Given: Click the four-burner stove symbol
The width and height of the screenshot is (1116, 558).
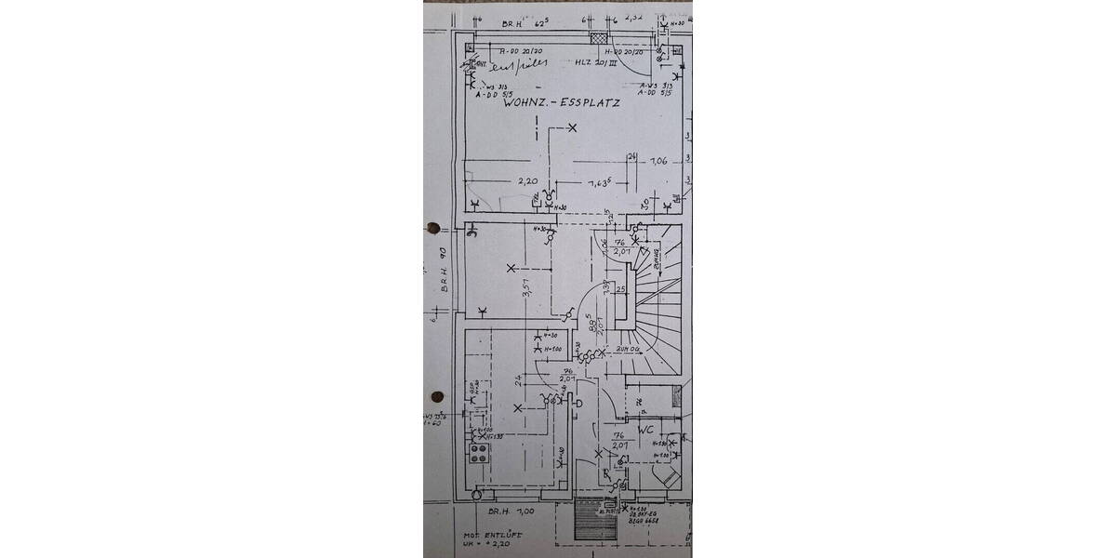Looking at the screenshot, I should coord(480,453).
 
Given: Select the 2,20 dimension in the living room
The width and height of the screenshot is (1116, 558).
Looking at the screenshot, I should coord(527,181).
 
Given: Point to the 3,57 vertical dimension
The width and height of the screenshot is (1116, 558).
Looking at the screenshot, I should coord(527,292).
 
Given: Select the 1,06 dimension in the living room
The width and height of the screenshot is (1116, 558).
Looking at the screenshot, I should coord(658,161).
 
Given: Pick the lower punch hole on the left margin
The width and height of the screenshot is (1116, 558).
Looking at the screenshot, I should coord(435,396).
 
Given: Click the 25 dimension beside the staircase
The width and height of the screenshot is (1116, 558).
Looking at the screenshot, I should coord(620,291).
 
